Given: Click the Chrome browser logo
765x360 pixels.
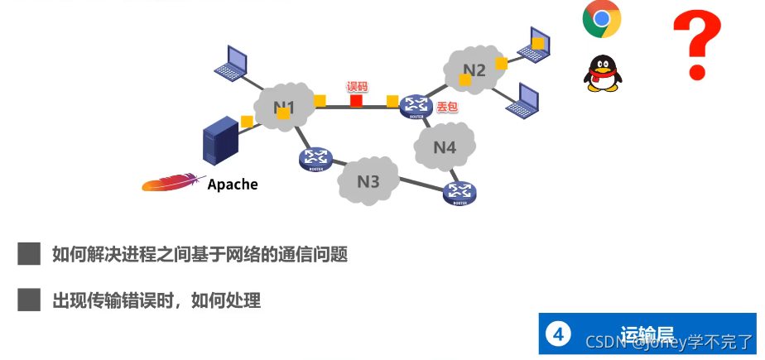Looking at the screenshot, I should coord(602,19).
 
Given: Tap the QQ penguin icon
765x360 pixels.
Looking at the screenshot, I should coord(603,73).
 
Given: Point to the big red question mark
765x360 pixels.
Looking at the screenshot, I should coord(696,46).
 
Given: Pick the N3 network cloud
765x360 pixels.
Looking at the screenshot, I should coord(368,180).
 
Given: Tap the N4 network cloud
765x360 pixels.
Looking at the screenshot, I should coord(445,146).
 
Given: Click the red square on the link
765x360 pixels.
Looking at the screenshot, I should coord(356,101).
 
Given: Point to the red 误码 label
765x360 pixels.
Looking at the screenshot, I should coord(357,86).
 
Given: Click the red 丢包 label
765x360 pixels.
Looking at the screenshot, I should coord(447,107).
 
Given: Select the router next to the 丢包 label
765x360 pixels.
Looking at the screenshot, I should coord(415,106).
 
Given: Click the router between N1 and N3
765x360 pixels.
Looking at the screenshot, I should coord(315,158).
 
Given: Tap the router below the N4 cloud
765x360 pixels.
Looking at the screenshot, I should coord(459,193).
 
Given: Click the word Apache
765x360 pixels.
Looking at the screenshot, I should coord(233,184).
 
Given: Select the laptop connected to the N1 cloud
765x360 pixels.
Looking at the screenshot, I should coord(230,60).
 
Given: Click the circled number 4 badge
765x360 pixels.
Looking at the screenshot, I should coord(559,334).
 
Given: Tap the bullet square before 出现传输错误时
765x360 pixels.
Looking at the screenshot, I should coord(29,300).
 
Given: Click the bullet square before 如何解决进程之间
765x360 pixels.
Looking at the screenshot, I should coord(29,253).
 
